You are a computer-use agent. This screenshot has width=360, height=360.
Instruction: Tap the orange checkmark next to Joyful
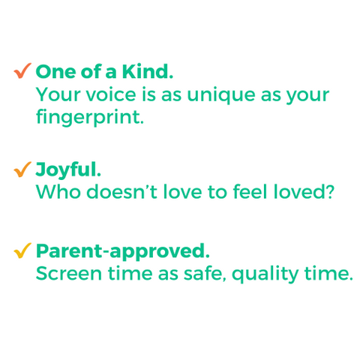[x=22, y=170]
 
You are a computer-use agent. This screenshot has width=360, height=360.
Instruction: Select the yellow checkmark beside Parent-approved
[x=22, y=251]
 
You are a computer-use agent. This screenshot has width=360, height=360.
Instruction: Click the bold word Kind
[x=148, y=72]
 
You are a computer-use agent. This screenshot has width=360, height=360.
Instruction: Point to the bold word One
[x=55, y=72]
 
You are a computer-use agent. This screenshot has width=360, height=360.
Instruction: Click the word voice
[x=111, y=94]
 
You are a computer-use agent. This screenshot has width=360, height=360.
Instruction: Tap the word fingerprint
[x=90, y=118]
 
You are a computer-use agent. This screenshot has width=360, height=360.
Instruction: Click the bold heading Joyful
[x=68, y=170]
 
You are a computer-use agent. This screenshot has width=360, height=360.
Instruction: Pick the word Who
[x=58, y=192]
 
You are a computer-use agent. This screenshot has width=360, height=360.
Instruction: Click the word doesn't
[x=121, y=191]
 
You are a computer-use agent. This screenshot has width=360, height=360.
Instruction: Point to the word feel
[x=250, y=191]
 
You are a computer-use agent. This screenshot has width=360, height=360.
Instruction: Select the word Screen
[x=69, y=274]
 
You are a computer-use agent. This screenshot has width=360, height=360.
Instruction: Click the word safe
[x=204, y=273]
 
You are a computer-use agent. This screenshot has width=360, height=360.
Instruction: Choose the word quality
[x=265, y=275]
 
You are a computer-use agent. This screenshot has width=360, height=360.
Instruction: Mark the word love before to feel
[x=182, y=191]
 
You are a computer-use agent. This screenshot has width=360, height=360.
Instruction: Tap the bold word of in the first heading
[x=91, y=71]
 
